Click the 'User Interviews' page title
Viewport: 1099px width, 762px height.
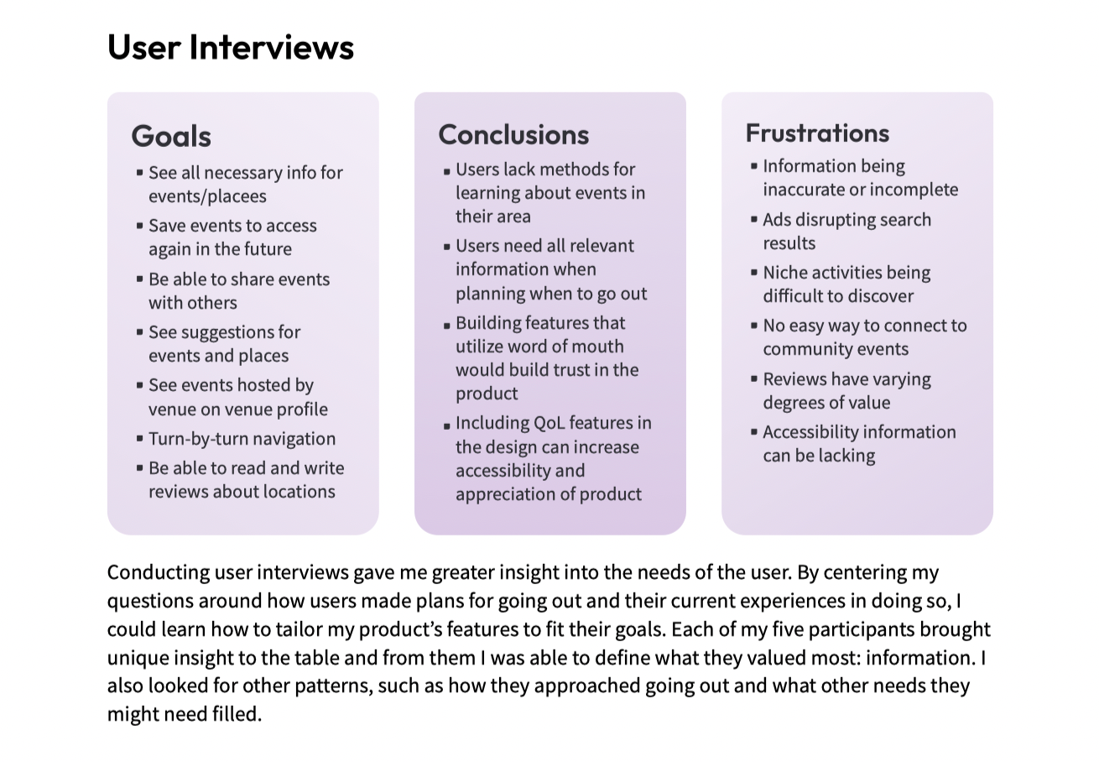tap(231, 47)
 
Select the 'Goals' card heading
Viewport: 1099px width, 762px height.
tap(171, 136)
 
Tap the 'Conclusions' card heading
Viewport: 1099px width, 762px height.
tap(513, 134)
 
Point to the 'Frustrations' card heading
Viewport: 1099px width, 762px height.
tap(817, 133)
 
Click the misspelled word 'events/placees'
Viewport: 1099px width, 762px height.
tap(207, 196)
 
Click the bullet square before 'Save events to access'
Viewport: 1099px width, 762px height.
tap(139, 226)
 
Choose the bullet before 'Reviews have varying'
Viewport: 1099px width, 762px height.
tap(754, 379)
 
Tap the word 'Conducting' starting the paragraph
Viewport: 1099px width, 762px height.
tap(158, 572)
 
